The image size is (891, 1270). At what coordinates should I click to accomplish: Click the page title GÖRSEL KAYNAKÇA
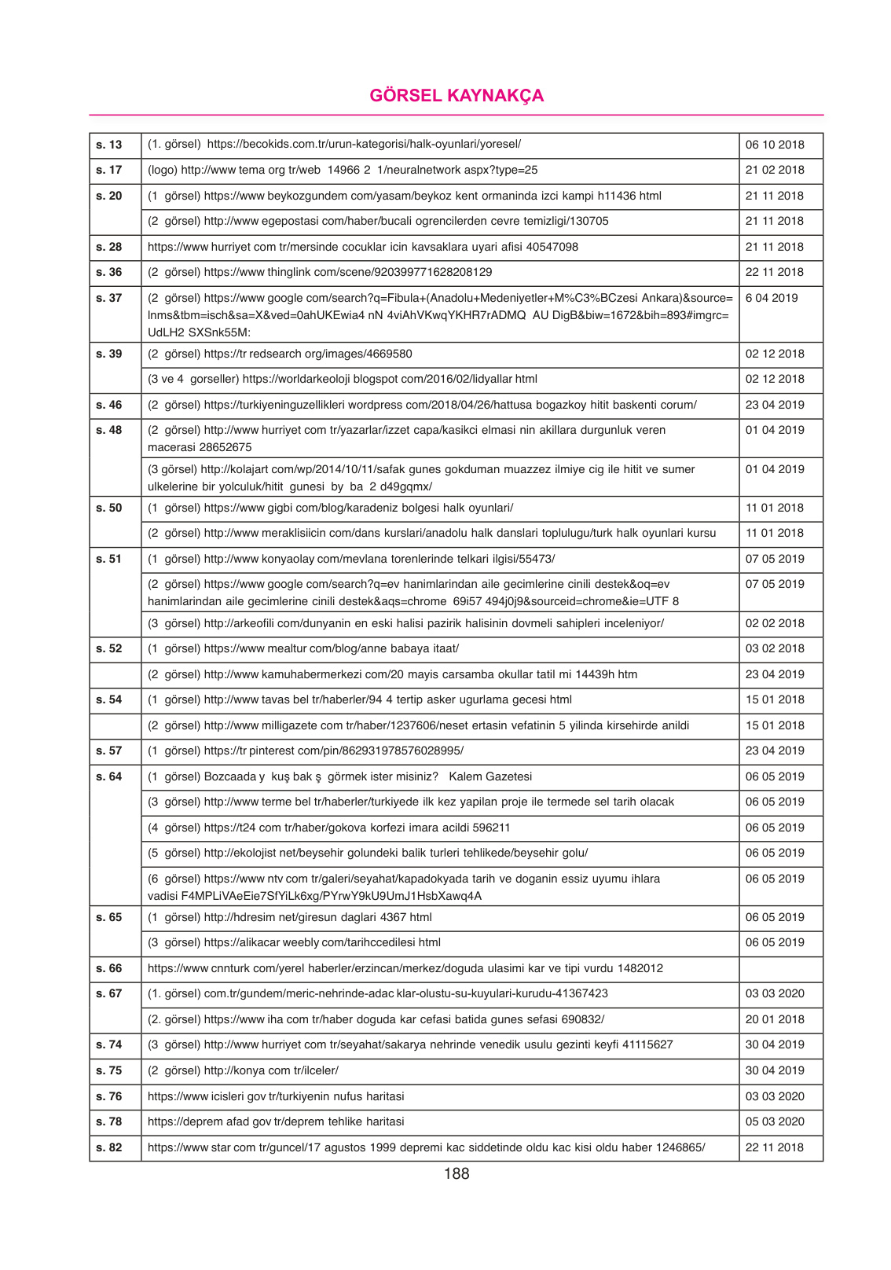pyautogui.click(x=456, y=96)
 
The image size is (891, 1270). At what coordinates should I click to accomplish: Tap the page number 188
pyautogui.click(x=456, y=1173)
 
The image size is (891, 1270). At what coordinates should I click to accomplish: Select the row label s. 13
pyautogui.click(x=109, y=145)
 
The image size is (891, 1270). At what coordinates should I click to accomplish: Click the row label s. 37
pyautogui.click(x=109, y=298)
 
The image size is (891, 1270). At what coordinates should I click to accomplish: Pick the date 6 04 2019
pyautogui.click(x=772, y=298)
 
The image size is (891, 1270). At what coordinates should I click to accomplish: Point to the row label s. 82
pyautogui.click(x=109, y=1147)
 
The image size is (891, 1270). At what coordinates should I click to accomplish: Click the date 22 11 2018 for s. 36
pyautogui.click(x=775, y=272)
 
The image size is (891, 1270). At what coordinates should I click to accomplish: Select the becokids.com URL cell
pyautogui.click(x=334, y=145)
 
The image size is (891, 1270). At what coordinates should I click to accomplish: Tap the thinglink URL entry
pyautogui.click(x=320, y=272)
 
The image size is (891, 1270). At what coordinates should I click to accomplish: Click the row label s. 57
pyautogui.click(x=109, y=751)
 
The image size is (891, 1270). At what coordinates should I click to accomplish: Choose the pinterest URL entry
pyautogui.click(x=306, y=751)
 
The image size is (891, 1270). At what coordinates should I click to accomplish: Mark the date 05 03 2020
pyautogui.click(x=775, y=1121)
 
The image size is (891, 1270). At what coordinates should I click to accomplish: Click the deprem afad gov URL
pyautogui.click(x=276, y=1121)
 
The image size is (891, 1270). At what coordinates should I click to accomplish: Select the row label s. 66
pyautogui.click(x=109, y=968)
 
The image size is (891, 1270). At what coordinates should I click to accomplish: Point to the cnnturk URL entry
pyautogui.click(x=405, y=968)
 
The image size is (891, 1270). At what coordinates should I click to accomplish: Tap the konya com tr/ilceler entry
pyautogui.click(x=243, y=1070)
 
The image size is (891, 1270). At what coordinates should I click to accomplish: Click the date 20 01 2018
pyautogui.click(x=775, y=1019)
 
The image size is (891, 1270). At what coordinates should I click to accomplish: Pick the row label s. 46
pyautogui.click(x=109, y=405)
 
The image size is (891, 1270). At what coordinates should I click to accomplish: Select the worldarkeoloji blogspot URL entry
pyautogui.click(x=343, y=379)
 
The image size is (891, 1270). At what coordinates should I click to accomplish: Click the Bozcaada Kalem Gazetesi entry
pyautogui.click(x=339, y=776)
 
